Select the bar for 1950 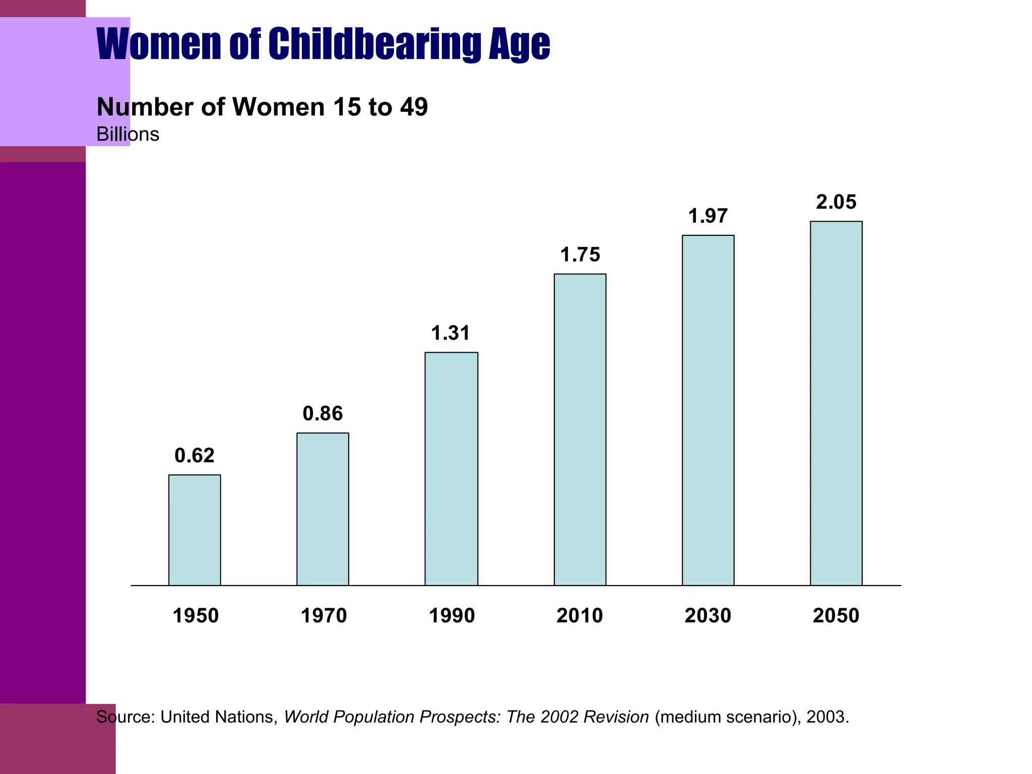(195, 530)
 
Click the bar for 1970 (322, 509)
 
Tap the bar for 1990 (451, 469)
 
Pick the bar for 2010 (580, 430)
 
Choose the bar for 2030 (708, 410)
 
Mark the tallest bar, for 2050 (836, 403)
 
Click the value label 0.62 (195, 456)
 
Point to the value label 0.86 (322, 414)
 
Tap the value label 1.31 (451, 333)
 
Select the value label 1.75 (580, 255)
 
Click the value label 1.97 (708, 216)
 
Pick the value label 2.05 (836, 202)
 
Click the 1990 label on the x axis (451, 616)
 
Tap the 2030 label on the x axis (707, 616)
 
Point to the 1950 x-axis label (196, 616)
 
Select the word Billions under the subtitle (127, 135)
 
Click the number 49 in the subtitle (414, 107)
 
